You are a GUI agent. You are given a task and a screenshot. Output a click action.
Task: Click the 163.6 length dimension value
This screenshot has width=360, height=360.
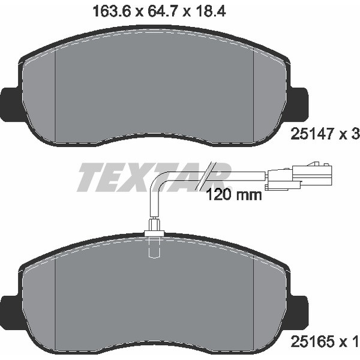[112, 11]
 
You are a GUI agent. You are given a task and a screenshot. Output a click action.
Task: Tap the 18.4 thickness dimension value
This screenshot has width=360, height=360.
[211, 11]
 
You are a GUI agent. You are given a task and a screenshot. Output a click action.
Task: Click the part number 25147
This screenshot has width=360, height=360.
[311, 134]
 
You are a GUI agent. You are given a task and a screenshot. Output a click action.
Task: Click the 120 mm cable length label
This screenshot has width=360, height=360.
[234, 195]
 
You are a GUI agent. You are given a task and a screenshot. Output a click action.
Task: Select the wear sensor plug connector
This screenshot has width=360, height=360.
[298, 176]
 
